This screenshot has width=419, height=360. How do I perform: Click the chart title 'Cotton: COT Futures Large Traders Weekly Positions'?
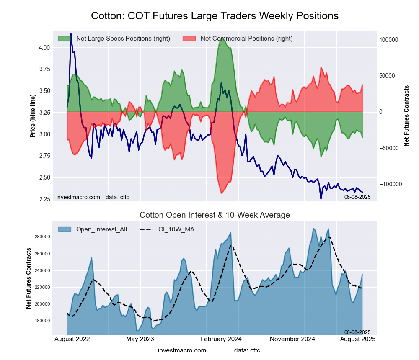click(215, 16)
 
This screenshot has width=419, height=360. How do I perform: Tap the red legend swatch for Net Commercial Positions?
click(189, 39)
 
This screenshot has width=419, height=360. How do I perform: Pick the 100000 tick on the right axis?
click(388, 40)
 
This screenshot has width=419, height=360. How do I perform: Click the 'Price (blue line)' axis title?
click(33, 116)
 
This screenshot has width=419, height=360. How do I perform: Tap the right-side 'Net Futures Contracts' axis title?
click(406, 116)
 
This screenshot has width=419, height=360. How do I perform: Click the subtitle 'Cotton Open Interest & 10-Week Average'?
click(215, 215)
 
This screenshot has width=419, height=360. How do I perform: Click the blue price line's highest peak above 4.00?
click(71, 34)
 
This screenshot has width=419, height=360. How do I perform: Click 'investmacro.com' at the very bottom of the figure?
click(182, 350)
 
